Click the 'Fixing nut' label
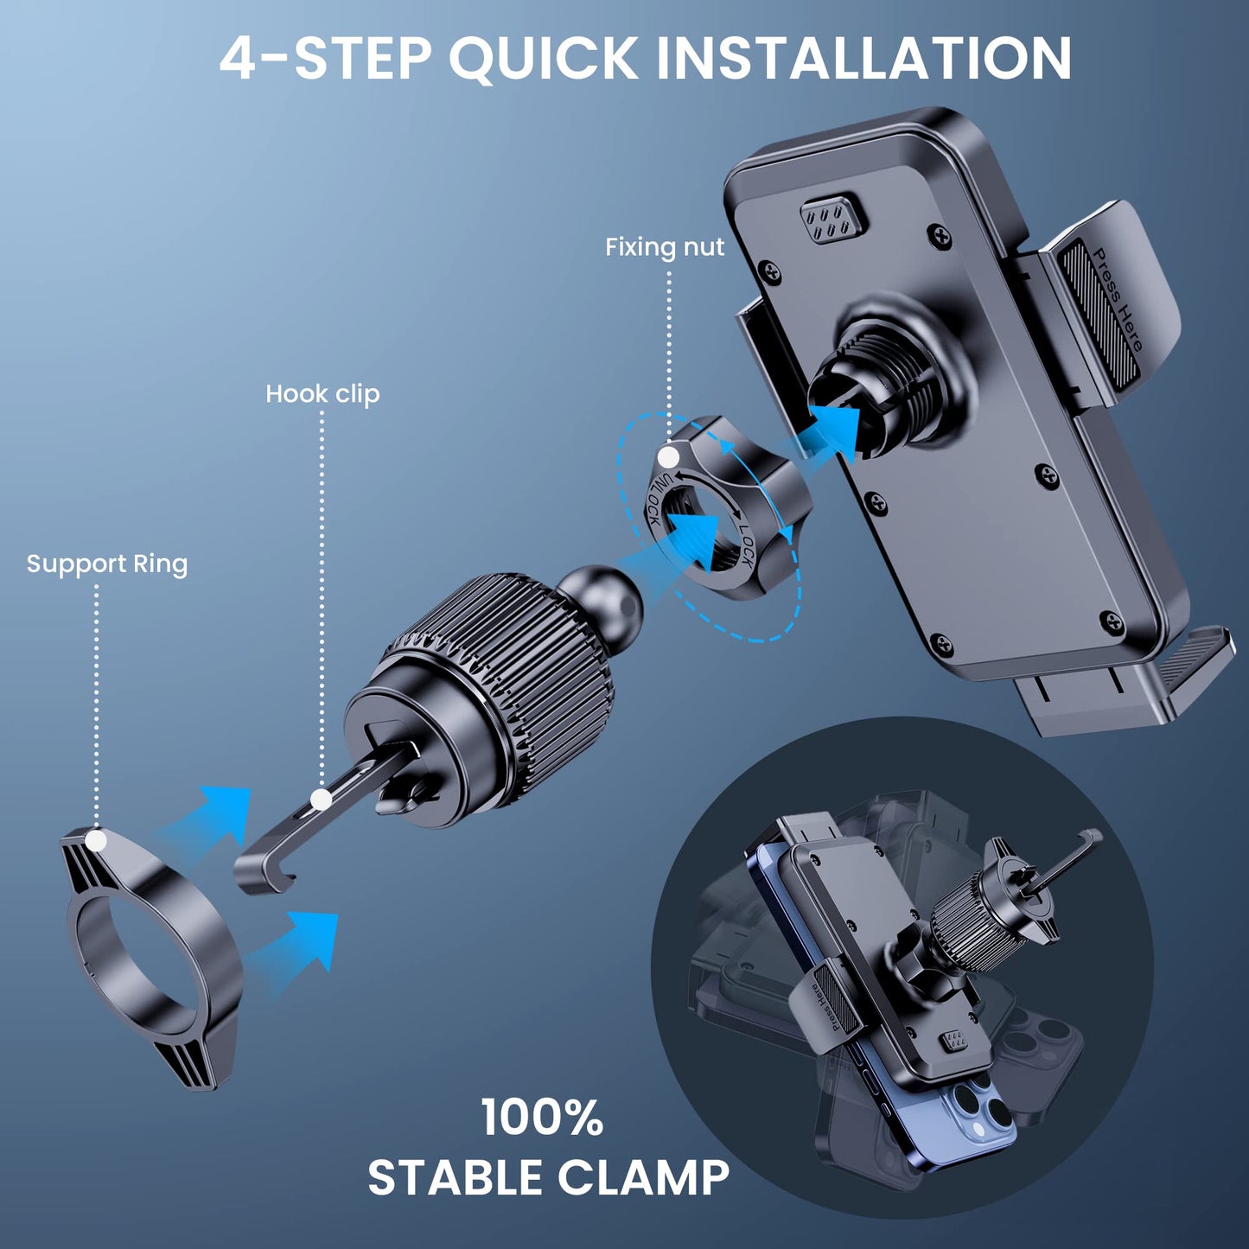click(665, 247)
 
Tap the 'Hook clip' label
click(322, 394)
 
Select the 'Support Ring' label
click(107, 564)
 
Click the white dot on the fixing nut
click(668, 457)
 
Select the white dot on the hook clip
click(321, 800)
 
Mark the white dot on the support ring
click(96, 840)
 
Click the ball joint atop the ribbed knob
click(608, 597)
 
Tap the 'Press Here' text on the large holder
click(1117, 299)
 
